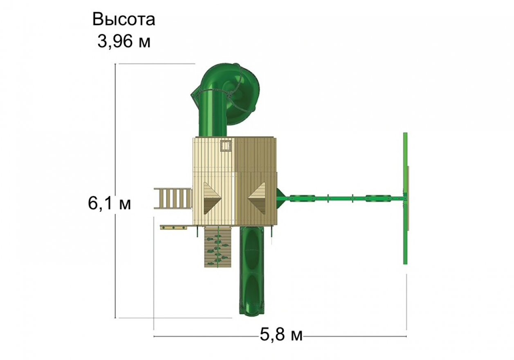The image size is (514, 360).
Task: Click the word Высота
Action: point(123,19)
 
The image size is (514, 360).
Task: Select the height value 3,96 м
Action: point(124,41)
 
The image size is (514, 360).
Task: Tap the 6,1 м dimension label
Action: point(109,203)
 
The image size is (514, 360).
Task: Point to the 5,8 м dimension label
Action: point(281,335)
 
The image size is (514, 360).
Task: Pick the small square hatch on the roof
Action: point(226,146)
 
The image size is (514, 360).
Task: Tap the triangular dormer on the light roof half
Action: point(212,198)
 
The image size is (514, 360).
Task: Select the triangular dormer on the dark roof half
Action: point(256,198)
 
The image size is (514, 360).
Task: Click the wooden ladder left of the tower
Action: point(173,198)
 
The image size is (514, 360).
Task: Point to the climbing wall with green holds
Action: point(218,247)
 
